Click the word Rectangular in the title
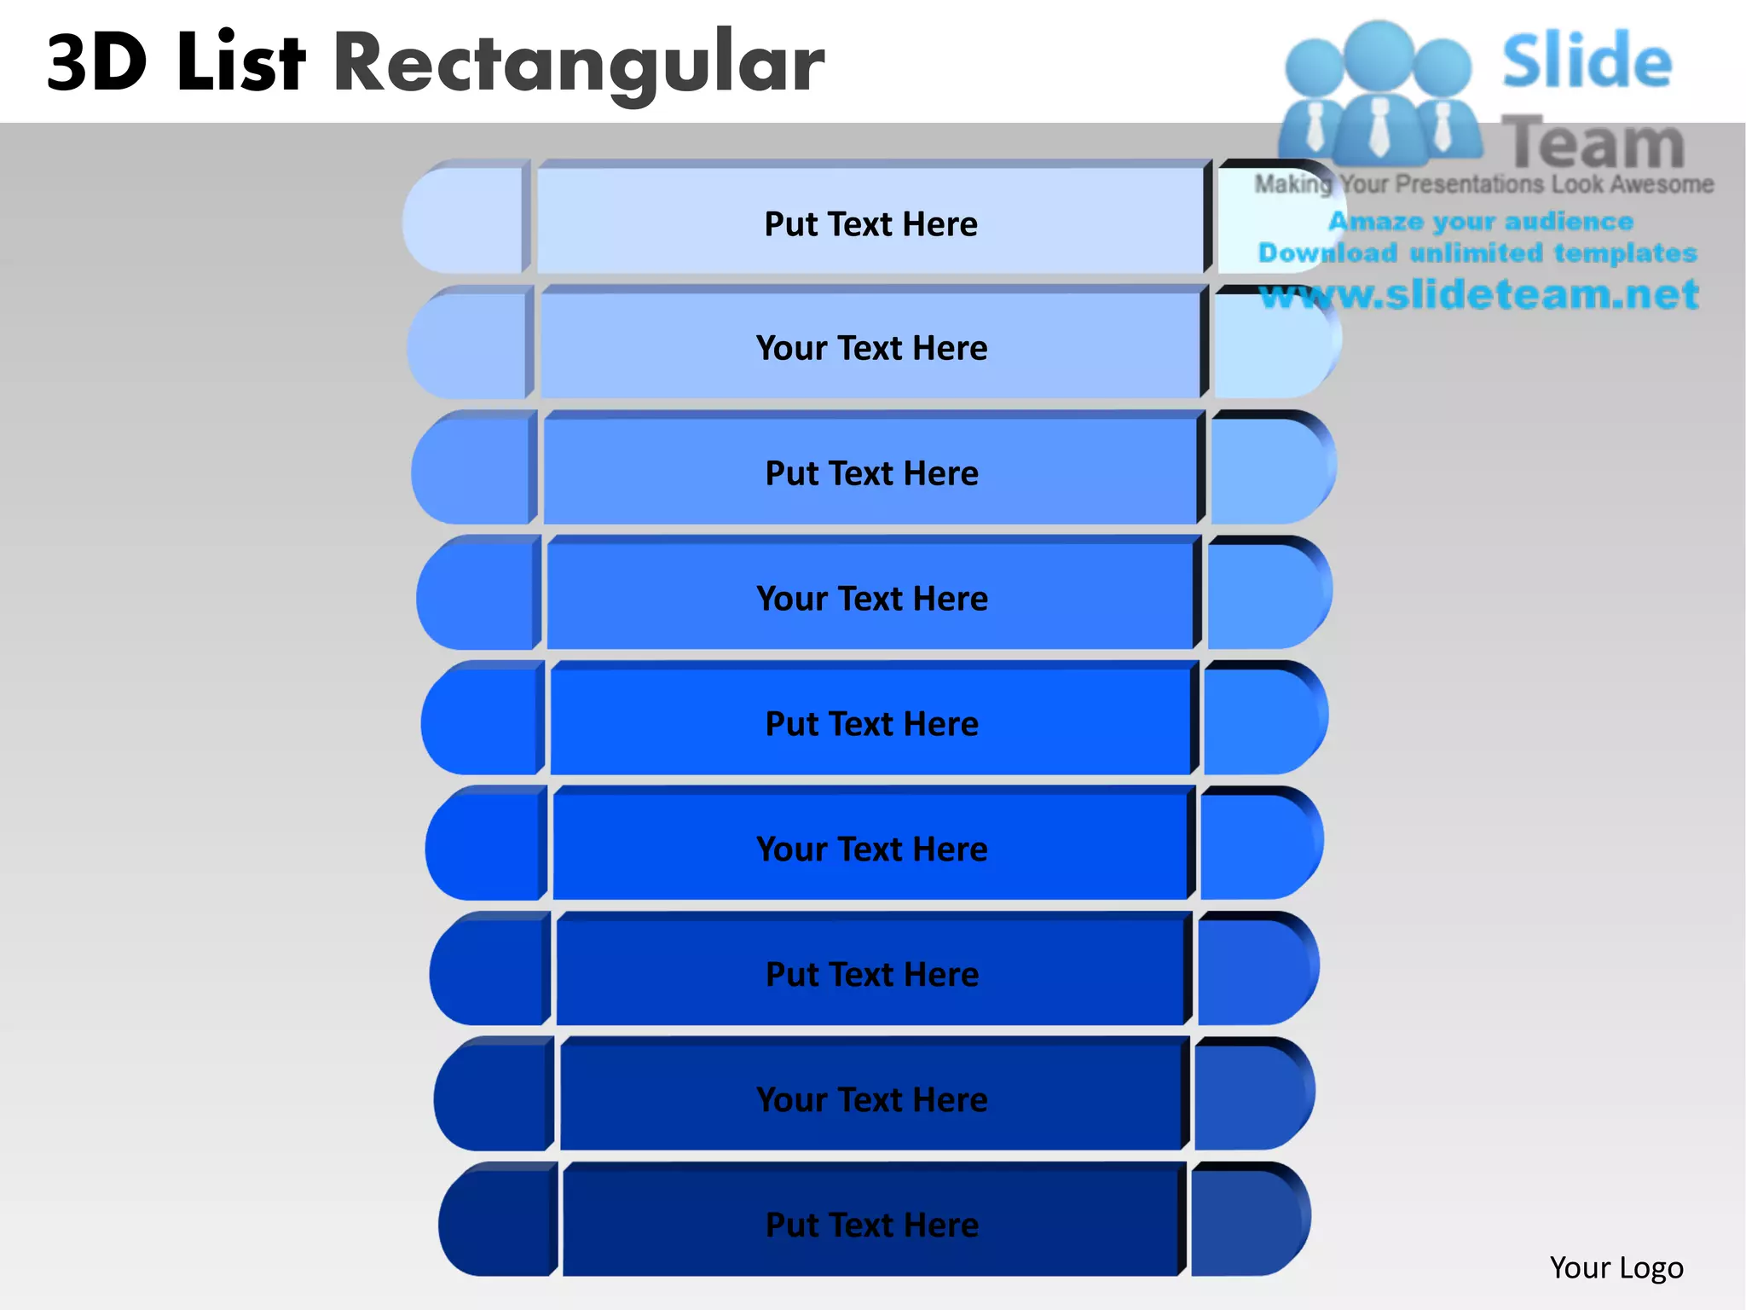point(579,64)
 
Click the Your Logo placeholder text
point(1616,1268)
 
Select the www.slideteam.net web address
point(1478,294)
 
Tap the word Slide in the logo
point(1587,61)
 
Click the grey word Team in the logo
point(1593,143)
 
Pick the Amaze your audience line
point(1480,222)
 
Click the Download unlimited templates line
point(1477,253)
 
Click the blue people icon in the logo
point(1379,94)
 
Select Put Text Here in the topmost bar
point(870,224)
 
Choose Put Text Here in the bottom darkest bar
point(872,1225)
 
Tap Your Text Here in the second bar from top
point(871,348)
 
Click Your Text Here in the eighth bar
point(872,1100)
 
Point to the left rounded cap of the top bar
point(465,221)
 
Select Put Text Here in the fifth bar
point(872,724)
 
